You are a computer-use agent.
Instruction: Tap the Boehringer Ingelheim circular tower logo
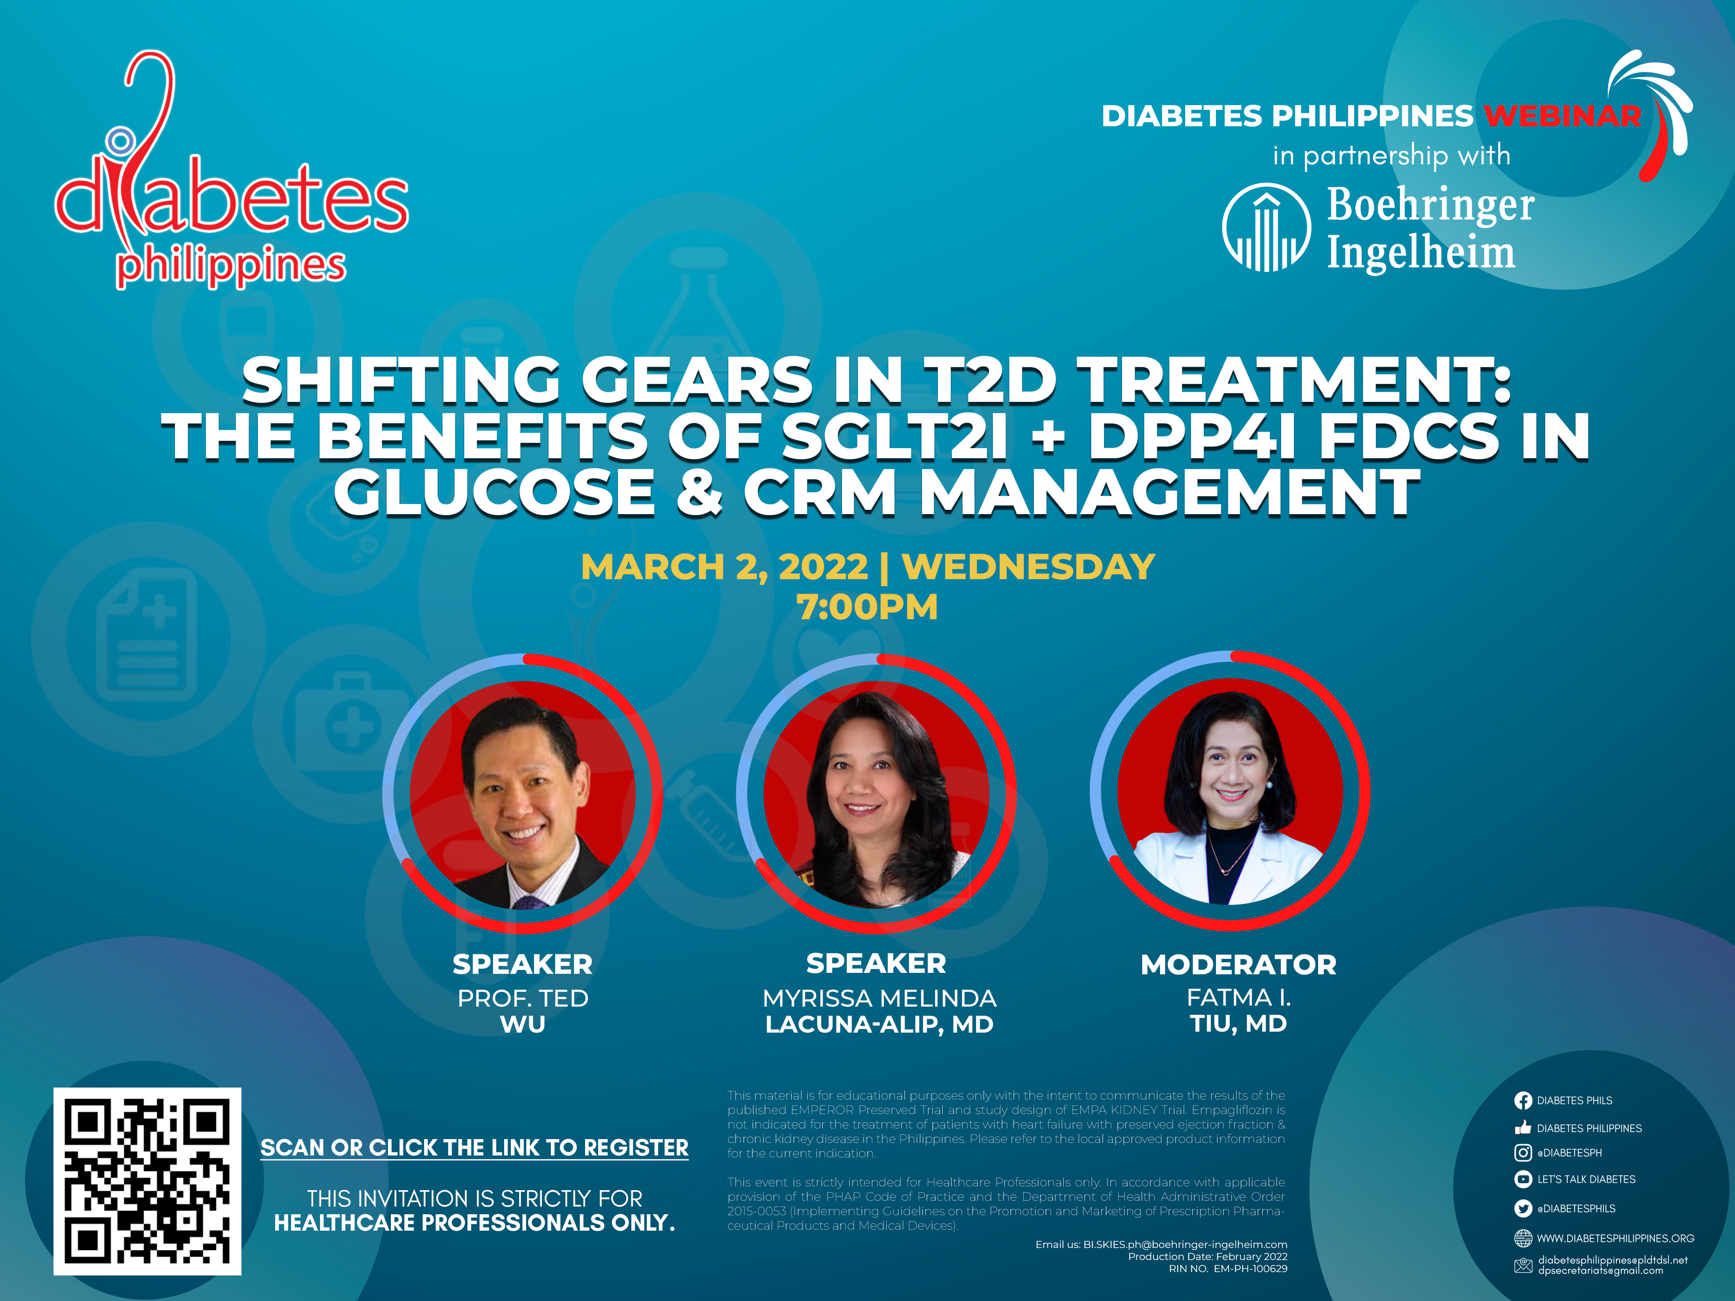[1266, 227]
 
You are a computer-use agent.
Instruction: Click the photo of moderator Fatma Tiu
[1230, 791]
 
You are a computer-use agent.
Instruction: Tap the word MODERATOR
[1239, 965]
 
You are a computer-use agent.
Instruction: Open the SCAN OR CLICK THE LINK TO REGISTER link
[475, 1148]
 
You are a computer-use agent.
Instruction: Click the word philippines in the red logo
[231, 266]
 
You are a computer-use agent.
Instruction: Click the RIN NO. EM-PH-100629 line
[1228, 1269]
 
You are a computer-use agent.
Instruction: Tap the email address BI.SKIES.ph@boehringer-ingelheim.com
[1185, 1245]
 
